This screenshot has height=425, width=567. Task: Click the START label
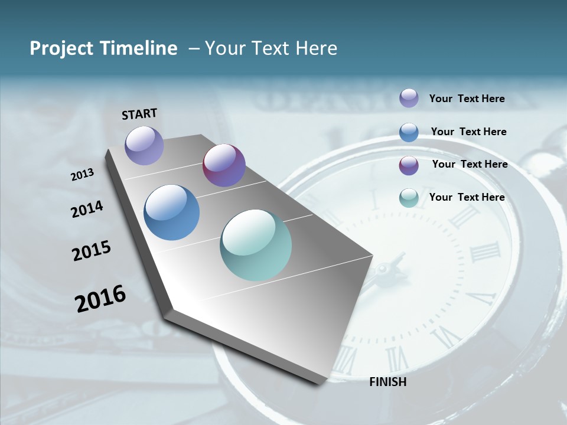tap(139, 114)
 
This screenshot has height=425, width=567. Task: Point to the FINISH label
tap(388, 382)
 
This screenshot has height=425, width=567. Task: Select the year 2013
tap(83, 175)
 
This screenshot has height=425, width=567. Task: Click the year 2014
tap(87, 210)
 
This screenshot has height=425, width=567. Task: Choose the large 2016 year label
tap(100, 299)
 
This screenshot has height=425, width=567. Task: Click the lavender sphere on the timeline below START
tap(144, 145)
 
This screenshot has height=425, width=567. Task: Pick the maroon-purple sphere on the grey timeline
tap(224, 165)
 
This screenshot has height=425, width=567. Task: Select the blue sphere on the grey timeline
tap(172, 212)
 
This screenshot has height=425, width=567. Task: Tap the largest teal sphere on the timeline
tap(256, 245)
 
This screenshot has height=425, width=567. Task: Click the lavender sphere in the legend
tap(409, 99)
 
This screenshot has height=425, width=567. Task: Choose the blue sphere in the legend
tap(409, 132)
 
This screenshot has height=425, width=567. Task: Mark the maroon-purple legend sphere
tap(409, 165)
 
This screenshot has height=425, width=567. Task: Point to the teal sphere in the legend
tap(409, 198)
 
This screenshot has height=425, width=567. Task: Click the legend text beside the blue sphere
tap(468, 132)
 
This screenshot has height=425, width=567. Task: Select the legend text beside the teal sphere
tap(467, 197)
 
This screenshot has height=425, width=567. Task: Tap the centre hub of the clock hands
tap(384, 270)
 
